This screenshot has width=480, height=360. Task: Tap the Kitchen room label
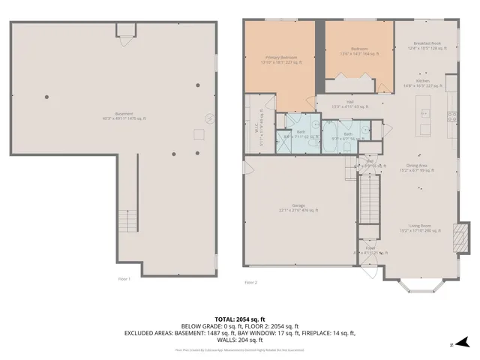click(x=422, y=83)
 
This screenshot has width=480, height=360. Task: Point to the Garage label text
click(x=298, y=208)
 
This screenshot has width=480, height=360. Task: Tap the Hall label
click(x=349, y=104)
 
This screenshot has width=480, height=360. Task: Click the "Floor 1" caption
click(x=124, y=279)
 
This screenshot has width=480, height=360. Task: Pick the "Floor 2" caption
click(x=250, y=283)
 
